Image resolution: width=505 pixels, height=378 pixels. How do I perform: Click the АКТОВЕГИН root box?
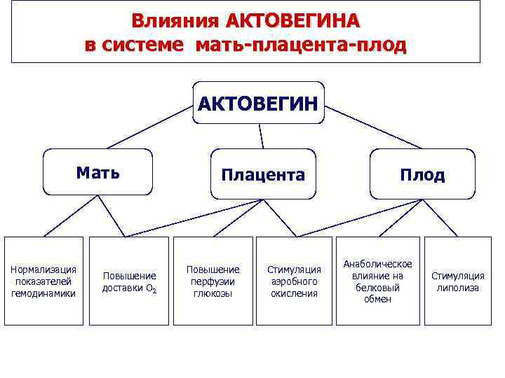[258, 104]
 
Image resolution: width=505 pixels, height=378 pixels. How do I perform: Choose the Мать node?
[97, 172]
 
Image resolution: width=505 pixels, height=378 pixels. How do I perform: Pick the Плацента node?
[263, 174]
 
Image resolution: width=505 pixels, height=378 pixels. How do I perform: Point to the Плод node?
[422, 174]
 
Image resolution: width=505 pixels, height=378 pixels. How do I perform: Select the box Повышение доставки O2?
[129, 281]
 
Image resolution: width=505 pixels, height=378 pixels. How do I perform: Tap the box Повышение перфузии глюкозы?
[213, 281]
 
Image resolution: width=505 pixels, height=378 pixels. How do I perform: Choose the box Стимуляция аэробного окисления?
[295, 281]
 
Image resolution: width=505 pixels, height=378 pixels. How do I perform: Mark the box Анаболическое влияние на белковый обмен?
[379, 281]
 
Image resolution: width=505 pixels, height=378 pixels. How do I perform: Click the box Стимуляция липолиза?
[458, 281]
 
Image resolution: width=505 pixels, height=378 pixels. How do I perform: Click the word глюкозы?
[213, 293]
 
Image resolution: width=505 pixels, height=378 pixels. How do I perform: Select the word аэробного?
[295, 281]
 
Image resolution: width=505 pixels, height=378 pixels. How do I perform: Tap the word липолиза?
[458, 288]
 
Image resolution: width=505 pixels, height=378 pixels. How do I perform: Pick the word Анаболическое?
[379, 264]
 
